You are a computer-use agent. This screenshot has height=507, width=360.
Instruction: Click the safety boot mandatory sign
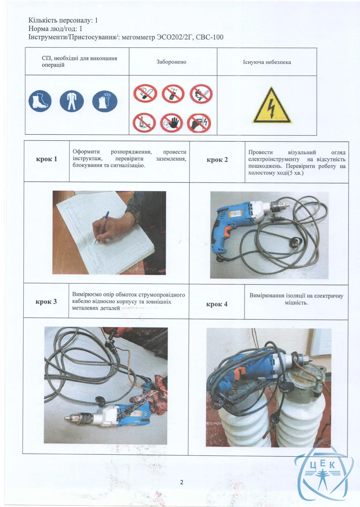coord(40,101)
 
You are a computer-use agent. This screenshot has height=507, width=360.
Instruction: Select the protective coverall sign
coord(72,101)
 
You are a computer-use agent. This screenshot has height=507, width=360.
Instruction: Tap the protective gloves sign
coord(105,101)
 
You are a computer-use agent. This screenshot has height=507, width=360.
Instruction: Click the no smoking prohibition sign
coord(145,93)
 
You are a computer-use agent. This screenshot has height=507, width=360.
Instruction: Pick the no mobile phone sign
coord(173,93)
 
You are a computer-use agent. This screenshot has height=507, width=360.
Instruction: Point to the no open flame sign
coord(201,94)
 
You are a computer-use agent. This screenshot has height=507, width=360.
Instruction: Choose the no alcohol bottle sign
coord(144,123)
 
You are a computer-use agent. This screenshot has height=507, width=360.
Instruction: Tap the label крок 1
coord(46,159)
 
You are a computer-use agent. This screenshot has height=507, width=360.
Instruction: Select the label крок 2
coord(217,160)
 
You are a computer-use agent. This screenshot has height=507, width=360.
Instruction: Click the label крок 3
coord(46,302)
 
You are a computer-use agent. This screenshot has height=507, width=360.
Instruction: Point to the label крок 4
coord(217,304)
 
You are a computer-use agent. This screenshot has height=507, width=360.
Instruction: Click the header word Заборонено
coord(171,62)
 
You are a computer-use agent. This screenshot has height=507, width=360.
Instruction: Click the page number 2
coord(182,482)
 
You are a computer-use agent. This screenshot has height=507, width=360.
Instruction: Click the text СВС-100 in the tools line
coord(209,37)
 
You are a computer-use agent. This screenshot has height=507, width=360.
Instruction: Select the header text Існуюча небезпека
coord(267,62)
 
